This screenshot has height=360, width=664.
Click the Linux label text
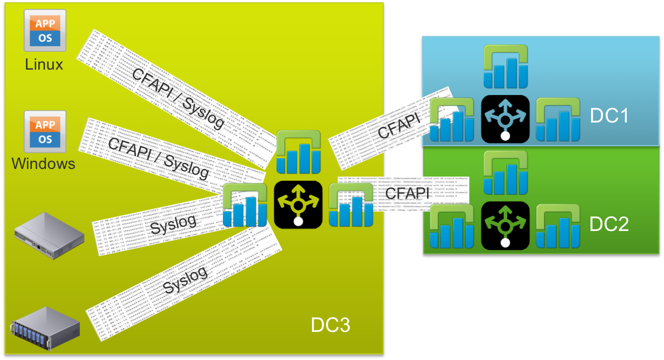click(44, 65)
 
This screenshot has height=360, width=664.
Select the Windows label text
click(44, 163)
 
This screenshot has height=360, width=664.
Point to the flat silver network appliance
click(49, 235)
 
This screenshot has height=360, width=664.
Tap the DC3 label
click(330, 325)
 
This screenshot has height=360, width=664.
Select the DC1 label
click(609, 116)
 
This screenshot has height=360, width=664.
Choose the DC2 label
click(609, 223)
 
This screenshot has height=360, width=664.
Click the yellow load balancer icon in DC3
click(298, 204)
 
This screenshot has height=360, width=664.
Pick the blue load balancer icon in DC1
click(505, 119)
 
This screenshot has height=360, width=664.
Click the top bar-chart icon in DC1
click(505, 66)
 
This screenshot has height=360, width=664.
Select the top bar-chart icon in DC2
click(505, 173)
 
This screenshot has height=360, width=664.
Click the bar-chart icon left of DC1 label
click(558, 119)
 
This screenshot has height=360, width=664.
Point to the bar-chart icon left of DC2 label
click(558, 226)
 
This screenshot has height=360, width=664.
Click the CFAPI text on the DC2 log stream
click(408, 193)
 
